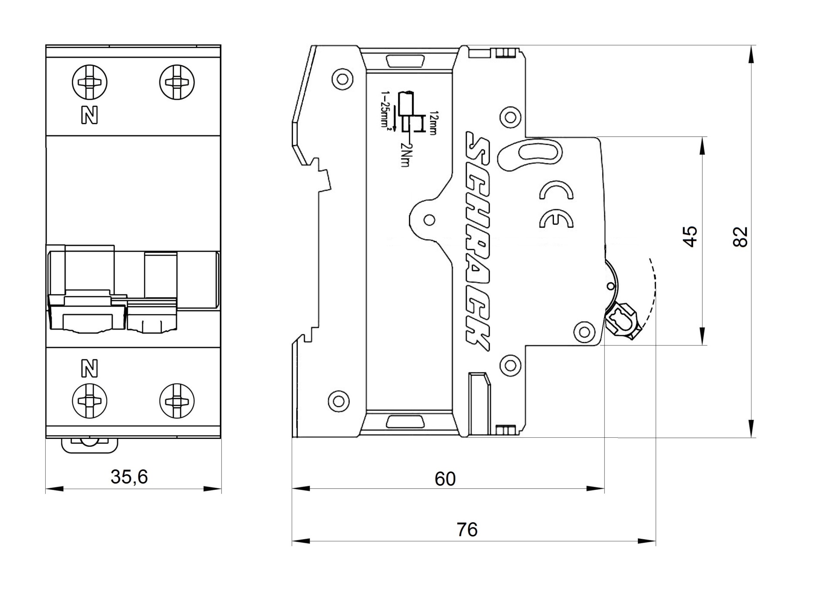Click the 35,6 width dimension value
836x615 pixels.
[129, 477]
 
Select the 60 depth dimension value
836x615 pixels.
[445, 479]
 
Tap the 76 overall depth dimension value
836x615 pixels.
[467, 530]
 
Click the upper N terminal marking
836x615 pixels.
[90, 115]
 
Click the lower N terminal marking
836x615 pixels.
[90, 369]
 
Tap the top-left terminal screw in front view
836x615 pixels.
[90, 82]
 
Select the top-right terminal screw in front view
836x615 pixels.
[177, 82]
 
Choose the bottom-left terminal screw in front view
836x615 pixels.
[90, 401]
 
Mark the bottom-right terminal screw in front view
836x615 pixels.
[177, 401]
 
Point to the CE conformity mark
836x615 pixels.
[556, 204]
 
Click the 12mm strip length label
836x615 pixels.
[432, 123]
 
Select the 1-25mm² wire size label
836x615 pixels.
[385, 109]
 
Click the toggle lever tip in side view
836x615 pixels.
[622, 322]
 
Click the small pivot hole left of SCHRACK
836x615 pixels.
[429, 220]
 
